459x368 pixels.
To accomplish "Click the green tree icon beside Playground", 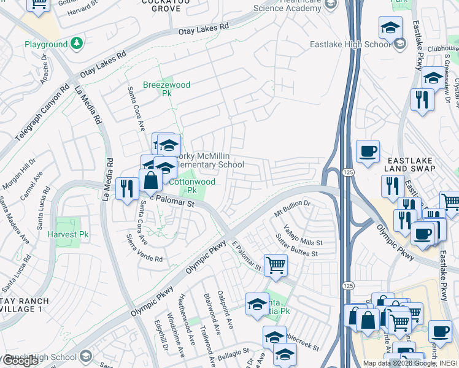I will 76,44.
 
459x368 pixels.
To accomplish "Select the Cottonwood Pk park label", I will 192,186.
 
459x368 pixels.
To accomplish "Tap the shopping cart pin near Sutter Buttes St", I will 276,266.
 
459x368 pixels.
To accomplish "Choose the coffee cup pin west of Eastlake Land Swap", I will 368,151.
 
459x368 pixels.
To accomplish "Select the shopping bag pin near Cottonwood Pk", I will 150,180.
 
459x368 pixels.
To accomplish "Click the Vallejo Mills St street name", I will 303,235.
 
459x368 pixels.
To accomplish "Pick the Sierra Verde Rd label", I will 144,248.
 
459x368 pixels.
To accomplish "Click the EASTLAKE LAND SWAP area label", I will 409,163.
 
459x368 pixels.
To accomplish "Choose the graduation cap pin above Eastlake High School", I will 390,28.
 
